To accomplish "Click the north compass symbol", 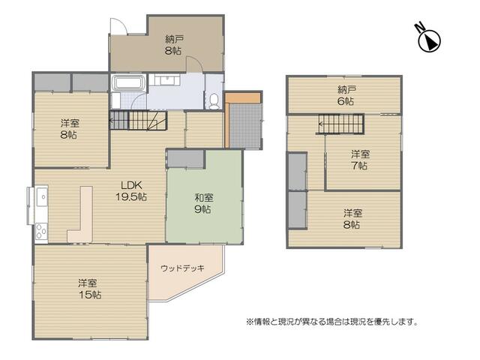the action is click(428, 38).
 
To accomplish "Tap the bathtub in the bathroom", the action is click(127, 82).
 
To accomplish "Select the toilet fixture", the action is click(214, 101).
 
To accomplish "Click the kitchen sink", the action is click(42, 197).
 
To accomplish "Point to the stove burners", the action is click(41, 232).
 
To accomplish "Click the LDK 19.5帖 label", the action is click(131, 191).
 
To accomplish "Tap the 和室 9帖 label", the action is click(204, 203).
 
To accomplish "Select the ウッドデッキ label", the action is click(182, 268).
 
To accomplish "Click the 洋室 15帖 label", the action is click(89, 289).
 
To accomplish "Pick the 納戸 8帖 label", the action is click(174, 45).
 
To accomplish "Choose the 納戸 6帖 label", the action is click(346, 95).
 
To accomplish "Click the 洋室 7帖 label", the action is click(360, 160).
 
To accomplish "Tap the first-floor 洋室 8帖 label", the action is click(70, 129).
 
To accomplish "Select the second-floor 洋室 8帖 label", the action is click(352, 219).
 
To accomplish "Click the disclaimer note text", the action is click(332, 322).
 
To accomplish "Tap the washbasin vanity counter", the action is click(167, 80).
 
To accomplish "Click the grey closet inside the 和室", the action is click(186, 159).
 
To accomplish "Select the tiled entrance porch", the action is click(245, 126).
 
